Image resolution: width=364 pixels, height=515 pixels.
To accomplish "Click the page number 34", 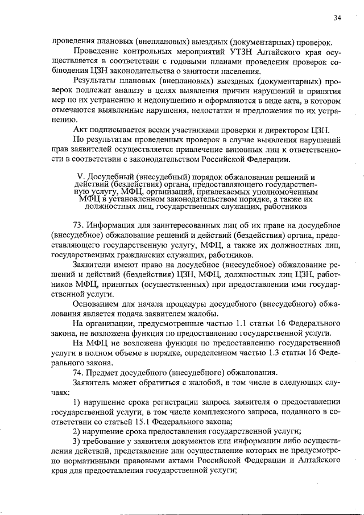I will coord(337,18).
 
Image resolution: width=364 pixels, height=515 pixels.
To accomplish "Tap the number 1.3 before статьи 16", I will coord(265,352).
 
